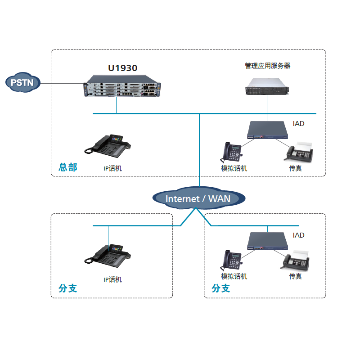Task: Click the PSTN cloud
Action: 23,82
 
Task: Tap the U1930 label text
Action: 122,68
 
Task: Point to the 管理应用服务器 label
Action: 267,66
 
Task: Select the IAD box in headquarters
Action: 267,130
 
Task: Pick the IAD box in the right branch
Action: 267,242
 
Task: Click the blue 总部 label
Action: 68,168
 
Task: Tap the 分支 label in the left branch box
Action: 68,288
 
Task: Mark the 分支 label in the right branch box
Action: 221,288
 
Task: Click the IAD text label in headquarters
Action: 298,123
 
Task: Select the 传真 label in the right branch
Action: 295,276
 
